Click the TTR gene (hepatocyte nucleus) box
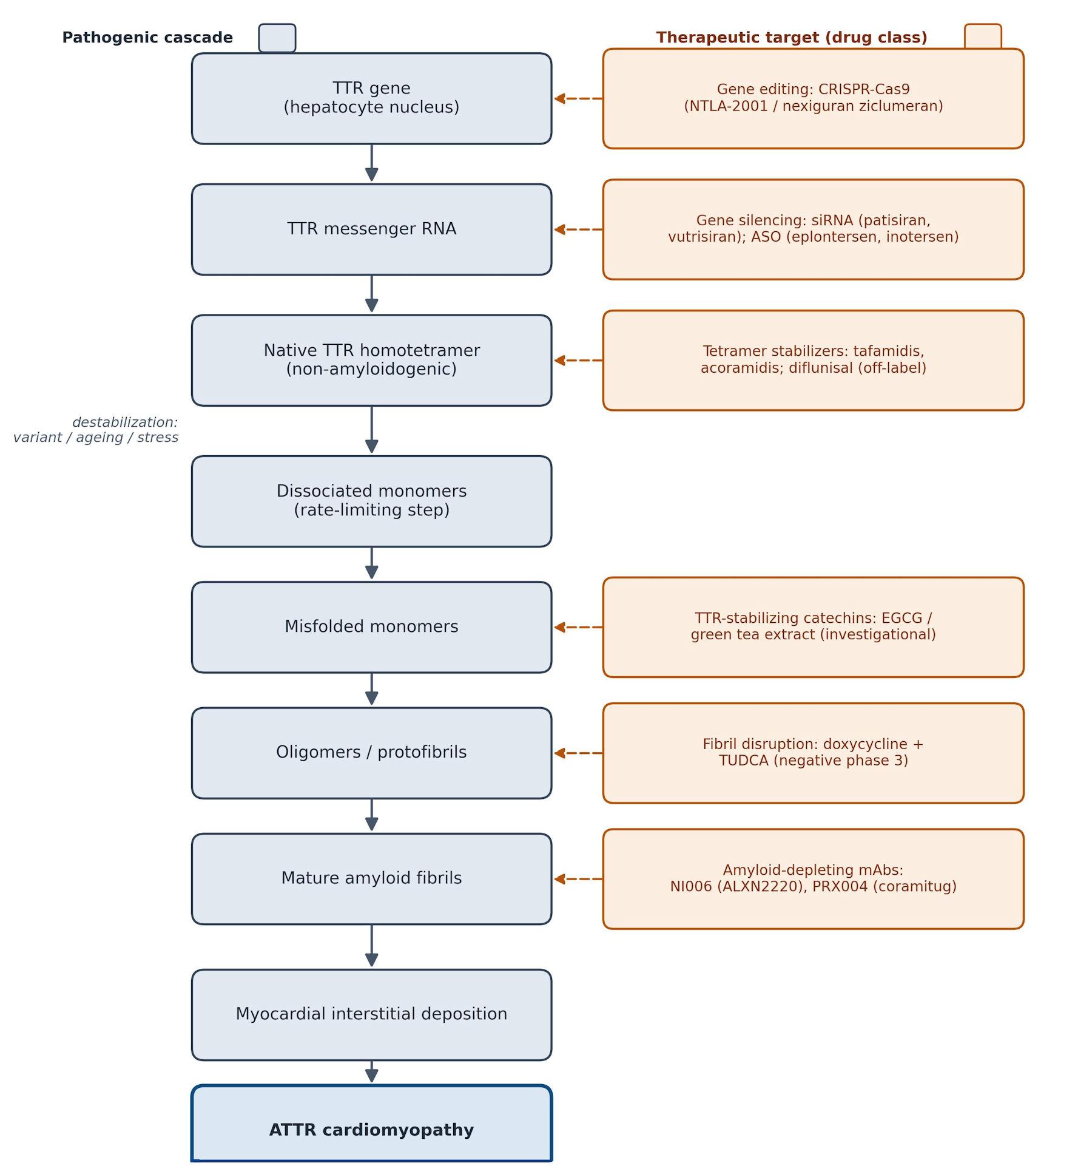pyautogui.click(x=371, y=98)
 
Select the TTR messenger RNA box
pyautogui.click(x=371, y=229)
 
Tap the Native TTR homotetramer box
pyautogui.click(x=371, y=360)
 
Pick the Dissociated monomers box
pyautogui.click(x=371, y=501)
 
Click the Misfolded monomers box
pyautogui.click(x=371, y=627)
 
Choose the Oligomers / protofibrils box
pyautogui.click(x=371, y=753)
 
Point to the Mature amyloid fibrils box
pyautogui.click(x=371, y=878)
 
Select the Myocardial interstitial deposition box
pyautogui.click(x=371, y=1014)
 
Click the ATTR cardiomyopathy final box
pyautogui.click(x=371, y=1123)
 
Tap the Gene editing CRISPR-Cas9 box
pyautogui.click(x=813, y=98)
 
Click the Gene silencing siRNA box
pyautogui.click(x=813, y=229)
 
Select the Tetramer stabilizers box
pyautogui.click(x=813, y=360)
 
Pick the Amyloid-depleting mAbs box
pyautogui.click(x=813, y=878)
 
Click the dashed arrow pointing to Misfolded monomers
pyautogui.click(x=578, y=627)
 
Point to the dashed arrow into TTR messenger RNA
pyautogui.click(x=578, y=229)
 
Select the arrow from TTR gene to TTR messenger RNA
pyautogui.click(x=372, y=163)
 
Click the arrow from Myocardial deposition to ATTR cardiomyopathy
pyautogui.click(x=372, y=1071)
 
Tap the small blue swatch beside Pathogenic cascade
pyautogui.click(x=277, y=38)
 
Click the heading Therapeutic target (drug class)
pyautogui.click(x=792, y=38)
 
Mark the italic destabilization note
pyautogui.click(x=96, y=430)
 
